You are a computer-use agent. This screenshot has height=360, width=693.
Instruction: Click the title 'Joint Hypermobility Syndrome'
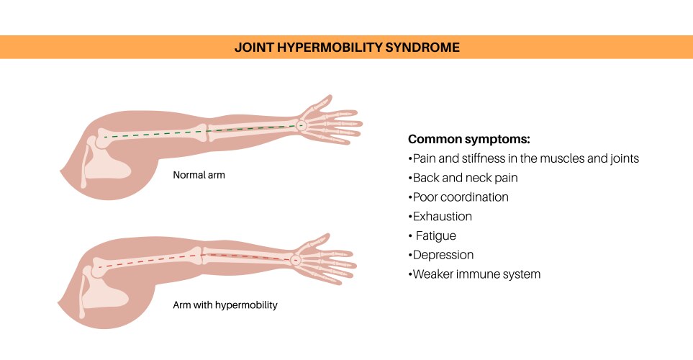click(x=347, y=48)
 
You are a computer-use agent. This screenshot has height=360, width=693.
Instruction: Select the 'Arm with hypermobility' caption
click(x=225, y=305)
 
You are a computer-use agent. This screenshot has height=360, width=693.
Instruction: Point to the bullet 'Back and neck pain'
click(x=465, y=177)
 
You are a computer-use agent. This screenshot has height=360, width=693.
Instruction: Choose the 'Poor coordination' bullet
click(x=461, y=197)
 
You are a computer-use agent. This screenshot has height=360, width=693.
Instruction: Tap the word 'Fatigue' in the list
click(x=436, y=235)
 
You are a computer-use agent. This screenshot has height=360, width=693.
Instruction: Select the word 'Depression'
click(x=443, y=255)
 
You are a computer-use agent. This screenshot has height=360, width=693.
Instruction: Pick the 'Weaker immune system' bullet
click(x=476, y=274)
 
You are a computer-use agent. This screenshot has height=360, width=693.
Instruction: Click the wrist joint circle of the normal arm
click(x=302, y=125)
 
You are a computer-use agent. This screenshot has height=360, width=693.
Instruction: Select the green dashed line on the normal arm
click(x=194, y=132)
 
